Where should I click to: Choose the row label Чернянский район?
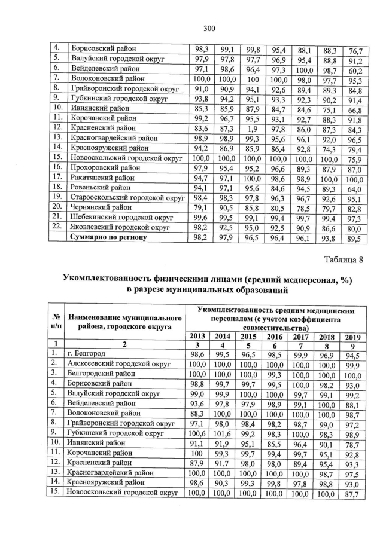pos(102,206)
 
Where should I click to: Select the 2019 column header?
pos(353,336)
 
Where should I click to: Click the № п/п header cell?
pos(56,321)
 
